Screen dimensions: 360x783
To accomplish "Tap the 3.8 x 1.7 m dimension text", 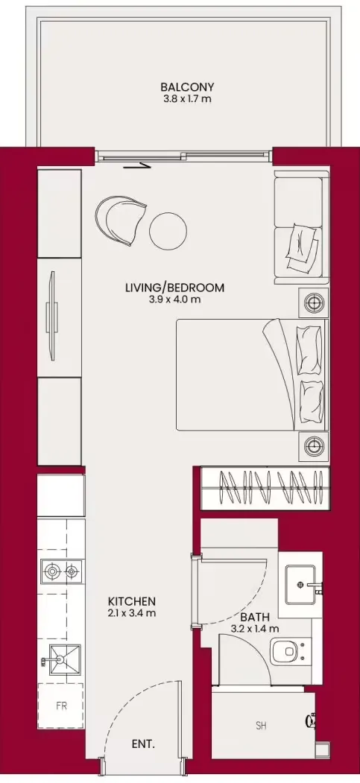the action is coord(187,98).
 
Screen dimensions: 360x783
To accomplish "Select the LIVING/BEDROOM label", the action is coord(174,288).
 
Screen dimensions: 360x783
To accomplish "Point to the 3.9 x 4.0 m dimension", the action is coord(174,299).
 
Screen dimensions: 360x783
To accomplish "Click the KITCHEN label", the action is coord(133,601).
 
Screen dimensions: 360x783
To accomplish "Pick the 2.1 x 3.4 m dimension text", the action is coord(133,612).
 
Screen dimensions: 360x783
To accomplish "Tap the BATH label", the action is coord(255,617).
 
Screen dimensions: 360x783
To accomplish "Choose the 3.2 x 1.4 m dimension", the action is coord(255,629).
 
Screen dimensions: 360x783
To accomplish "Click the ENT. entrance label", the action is coord(143,744).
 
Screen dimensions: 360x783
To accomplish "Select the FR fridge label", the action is coord(61,706).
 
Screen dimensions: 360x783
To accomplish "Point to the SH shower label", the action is coord(261,726).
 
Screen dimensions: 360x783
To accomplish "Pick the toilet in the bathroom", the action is coord(288,652).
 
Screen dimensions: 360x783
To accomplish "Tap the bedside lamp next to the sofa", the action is coord(314,302).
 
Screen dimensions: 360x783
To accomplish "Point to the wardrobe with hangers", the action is coord(265,489).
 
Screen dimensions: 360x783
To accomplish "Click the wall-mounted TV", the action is coord(51,315).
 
